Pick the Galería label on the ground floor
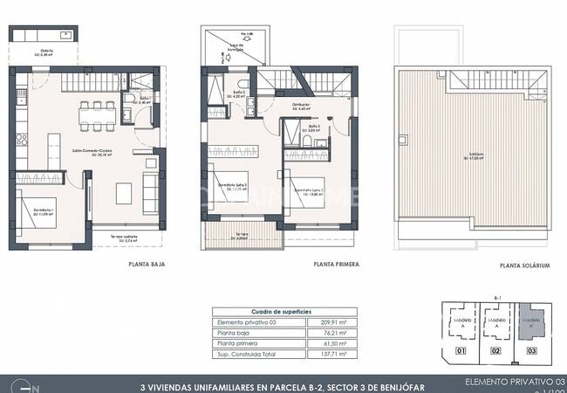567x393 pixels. pyautogui.click(x=46, y=51)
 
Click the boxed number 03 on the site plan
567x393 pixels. pyautogui.click(x=533, y=353)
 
